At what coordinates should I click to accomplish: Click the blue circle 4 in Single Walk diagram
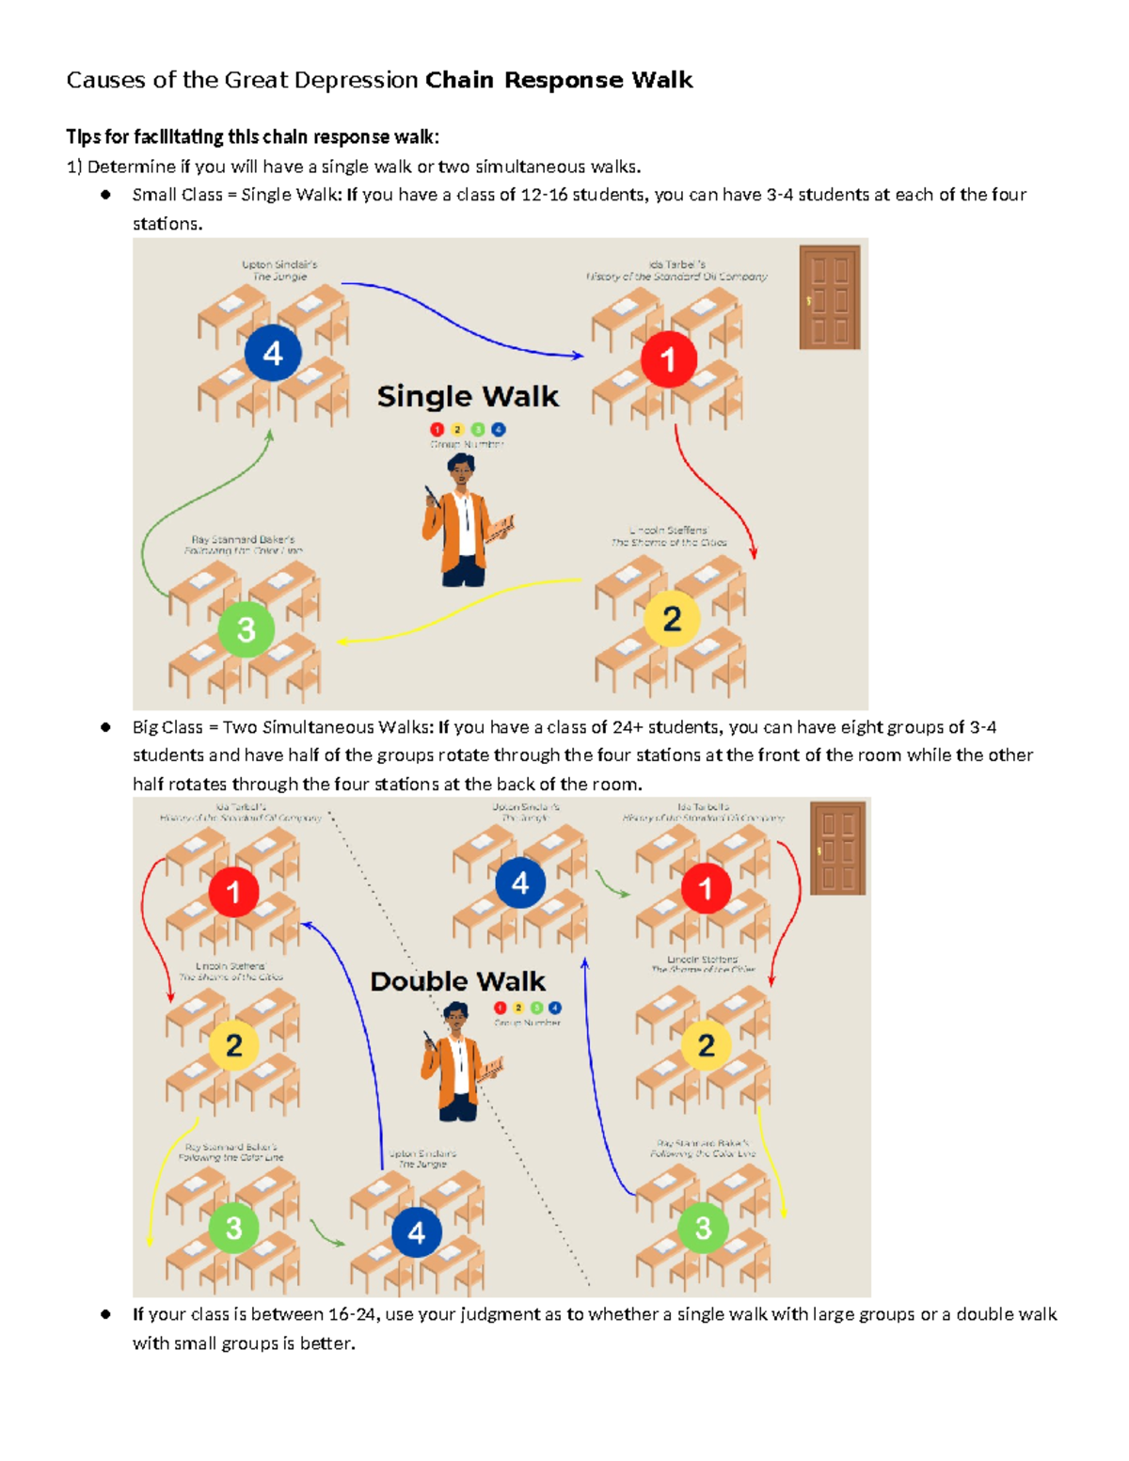click(x=273, y=354)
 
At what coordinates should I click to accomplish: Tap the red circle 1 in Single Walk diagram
click(x=668, y=359)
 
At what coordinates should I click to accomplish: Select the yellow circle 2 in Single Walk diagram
click(x=672, y=619)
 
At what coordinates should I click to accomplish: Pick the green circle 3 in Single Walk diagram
click(x=246, y=629)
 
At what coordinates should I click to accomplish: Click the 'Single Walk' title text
click(x=468, y=397)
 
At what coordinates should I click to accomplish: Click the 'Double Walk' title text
click(x=457, y=981)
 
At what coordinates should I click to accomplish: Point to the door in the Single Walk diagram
click(x=829, y=297)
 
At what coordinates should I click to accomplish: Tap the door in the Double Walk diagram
click(x=837, y=848)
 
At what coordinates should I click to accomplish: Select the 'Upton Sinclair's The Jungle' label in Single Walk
click(x=278, y=271)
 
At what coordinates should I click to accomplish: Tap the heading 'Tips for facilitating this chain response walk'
click(x=252, y=137)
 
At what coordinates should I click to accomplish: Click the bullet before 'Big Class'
click(x=106, y=727)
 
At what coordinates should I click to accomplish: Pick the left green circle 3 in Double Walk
click(x=233, y=1228)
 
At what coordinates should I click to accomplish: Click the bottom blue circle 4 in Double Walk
click(x=417, y=1232)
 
